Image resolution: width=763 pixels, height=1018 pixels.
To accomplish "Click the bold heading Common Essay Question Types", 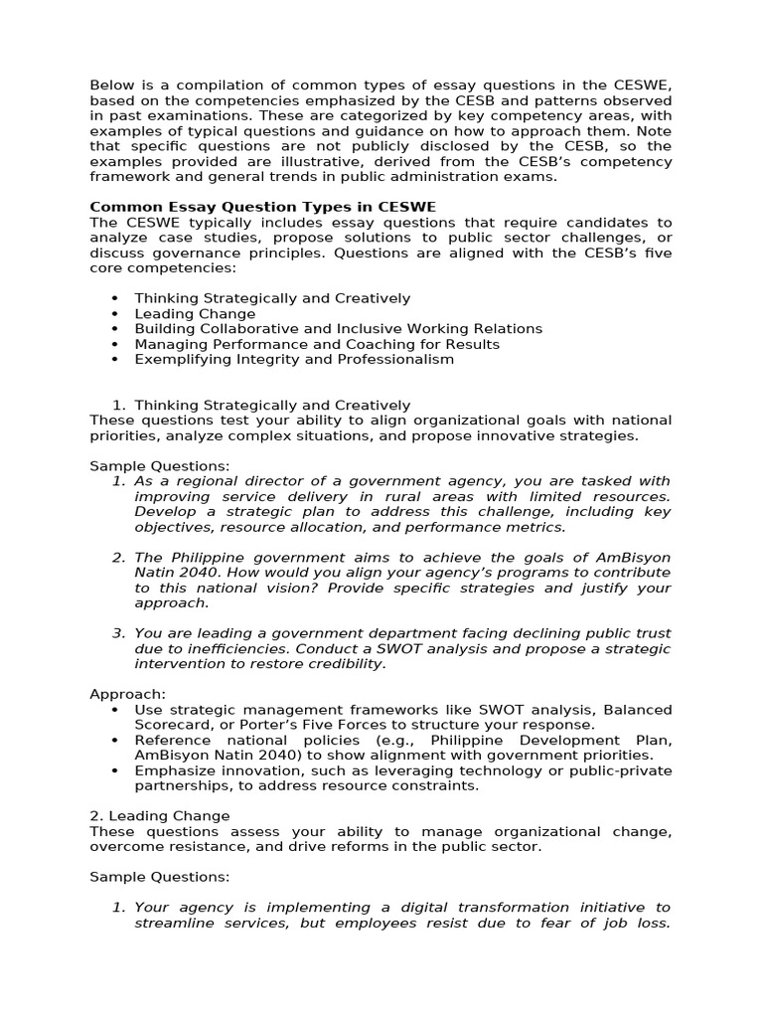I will pyautogui.click(x=262, y=207).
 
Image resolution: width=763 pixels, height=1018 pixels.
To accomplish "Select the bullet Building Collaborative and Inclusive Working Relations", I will pyautogui.click(x=338, y=329).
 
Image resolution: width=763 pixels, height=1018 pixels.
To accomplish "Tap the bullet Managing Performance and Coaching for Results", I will pyautogui.click(x=316, y=344).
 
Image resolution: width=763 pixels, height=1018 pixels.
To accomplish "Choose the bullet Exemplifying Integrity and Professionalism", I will pyautogui.click(x=293, y=359).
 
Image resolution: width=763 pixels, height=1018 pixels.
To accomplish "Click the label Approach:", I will pyautogui.click(x=128, y=694).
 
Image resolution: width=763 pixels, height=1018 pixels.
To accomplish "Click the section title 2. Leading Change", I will pyautogui.click(x=158, y=816).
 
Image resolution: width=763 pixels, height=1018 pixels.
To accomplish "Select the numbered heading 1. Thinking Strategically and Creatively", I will pyautogui.click(x=261, y=405).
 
